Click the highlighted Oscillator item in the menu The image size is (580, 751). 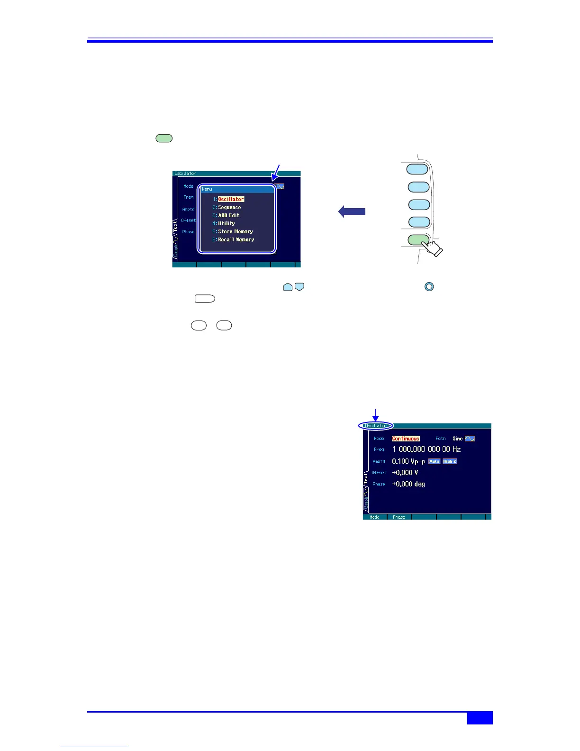[231, 199]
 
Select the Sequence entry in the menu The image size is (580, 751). [229, 207]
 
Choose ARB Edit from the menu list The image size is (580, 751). [228, 215]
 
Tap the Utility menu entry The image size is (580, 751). [227, 223]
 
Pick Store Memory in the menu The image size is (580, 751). [235, 231]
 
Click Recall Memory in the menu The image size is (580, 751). [236, 239]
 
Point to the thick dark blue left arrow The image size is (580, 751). [352, 211]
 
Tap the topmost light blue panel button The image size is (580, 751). [417, 168]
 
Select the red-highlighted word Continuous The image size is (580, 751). [406, 439]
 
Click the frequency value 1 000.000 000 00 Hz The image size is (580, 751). [426, 449]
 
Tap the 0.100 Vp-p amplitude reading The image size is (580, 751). [408, 461]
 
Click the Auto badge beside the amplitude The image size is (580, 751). [434, 461]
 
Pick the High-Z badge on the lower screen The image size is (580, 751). [450, 461]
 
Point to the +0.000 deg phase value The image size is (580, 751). [408, 484]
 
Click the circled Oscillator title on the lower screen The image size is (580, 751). [376, 426]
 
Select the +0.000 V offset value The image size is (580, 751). [405, 473]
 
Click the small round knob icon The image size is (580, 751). [429, 287]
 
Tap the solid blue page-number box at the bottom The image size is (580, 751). [480, 718]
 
